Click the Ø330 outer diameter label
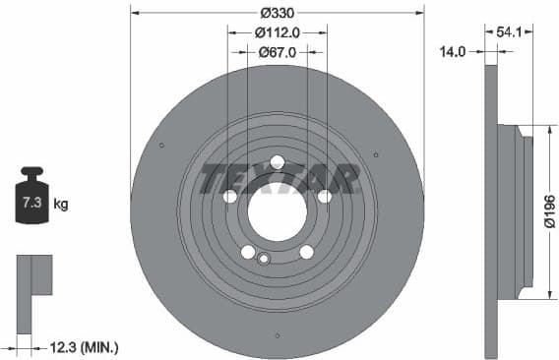(277, 13)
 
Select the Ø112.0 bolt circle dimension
(277, 32)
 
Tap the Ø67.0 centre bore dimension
(277, 52)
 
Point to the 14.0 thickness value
(452, 52)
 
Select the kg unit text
(61, 205)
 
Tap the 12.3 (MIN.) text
(83, 346)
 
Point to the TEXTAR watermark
(277, 179)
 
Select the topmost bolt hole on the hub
(277, 162)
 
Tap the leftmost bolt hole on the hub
(230, 197)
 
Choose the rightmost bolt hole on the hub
(323, 197)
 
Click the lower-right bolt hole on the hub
(306, 252)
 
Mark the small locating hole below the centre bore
(263, 260)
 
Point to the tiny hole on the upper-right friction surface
(376, 153)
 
